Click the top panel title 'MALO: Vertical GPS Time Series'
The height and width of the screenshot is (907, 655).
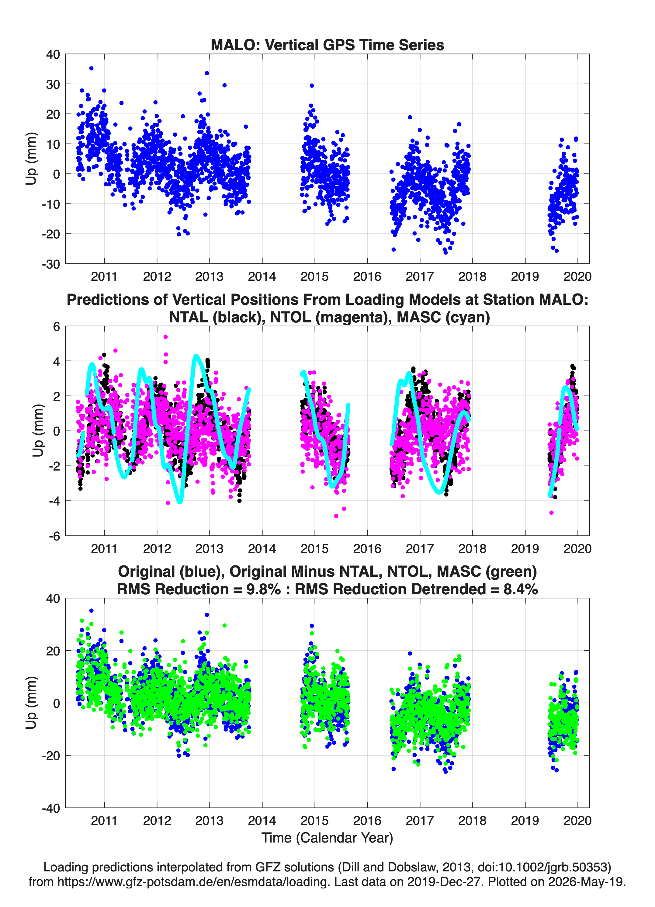(327, 45)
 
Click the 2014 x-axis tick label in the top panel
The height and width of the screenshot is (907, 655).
(262, 276)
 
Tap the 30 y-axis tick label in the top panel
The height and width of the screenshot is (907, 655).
(53, 84)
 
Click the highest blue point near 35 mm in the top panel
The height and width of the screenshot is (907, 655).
(91, 68)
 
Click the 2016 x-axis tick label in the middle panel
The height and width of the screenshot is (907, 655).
(367, 549)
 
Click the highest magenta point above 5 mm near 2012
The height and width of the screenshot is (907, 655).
(165, 337)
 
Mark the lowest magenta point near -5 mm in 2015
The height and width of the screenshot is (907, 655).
(336, 516)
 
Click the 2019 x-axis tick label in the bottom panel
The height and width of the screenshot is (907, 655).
(525, 821)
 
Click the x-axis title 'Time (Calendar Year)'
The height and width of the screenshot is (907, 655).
(327, 837)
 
